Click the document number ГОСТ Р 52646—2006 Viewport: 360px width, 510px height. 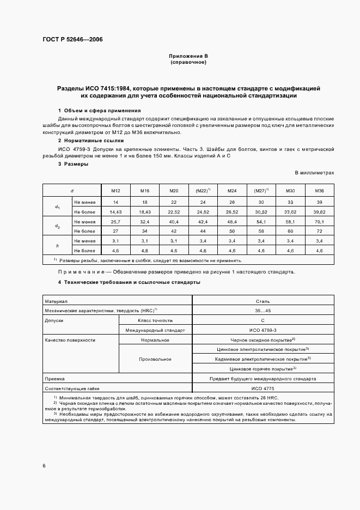72,40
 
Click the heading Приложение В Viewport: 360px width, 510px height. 187,56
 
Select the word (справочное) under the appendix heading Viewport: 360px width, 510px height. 187,62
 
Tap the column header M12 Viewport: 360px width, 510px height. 116,191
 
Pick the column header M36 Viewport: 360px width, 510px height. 319,191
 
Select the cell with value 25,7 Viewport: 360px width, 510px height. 116,221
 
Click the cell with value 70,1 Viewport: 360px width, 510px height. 319,221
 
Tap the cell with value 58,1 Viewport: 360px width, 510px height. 289,221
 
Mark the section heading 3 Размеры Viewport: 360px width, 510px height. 73,163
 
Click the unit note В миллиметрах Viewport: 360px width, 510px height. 314,172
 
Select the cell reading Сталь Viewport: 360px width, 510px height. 263,300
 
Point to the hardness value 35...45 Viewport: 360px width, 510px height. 263,310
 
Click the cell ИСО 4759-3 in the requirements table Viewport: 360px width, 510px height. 263,330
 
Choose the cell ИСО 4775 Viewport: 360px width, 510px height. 263,388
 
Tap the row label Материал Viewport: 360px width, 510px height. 56,300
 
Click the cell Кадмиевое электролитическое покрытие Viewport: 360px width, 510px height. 263,359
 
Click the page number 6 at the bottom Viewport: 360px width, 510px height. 44,466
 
